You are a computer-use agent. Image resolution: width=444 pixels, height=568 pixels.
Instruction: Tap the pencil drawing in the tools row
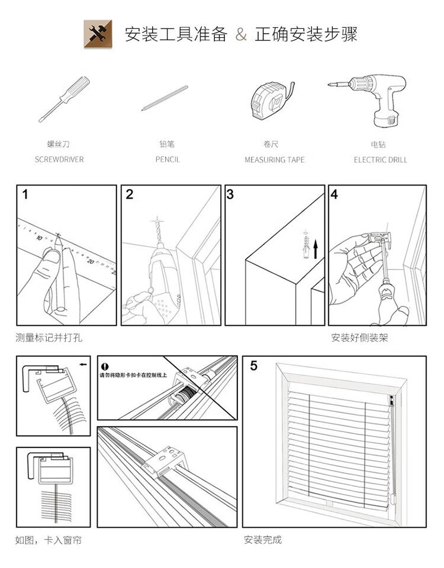click(165, 98)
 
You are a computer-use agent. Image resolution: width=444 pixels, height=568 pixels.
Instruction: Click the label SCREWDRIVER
click(59, 160)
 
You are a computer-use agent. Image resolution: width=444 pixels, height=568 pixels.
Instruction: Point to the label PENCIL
click(168, 160)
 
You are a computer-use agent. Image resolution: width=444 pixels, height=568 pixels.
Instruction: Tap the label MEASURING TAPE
click(275, 160)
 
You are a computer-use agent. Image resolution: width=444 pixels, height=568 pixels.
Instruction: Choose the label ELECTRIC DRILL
click(381, 160)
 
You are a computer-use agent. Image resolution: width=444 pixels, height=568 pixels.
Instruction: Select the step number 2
click(130, 194)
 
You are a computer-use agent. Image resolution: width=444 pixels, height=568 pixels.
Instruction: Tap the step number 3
click(230, 194)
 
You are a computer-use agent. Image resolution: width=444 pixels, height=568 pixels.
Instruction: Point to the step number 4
click(334, 194)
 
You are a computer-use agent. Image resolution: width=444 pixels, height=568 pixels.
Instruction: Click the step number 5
click(253, 366)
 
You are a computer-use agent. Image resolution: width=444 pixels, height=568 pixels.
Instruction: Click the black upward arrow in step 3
click(316, 248)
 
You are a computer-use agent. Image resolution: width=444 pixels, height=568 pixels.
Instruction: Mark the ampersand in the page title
click(241, 35)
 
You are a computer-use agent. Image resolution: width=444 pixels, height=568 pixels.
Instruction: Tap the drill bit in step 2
click(158, 234)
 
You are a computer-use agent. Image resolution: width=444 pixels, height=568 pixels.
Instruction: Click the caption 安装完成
click(263, 539)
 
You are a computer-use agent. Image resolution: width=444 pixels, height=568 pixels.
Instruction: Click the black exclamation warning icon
click(105, 367)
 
